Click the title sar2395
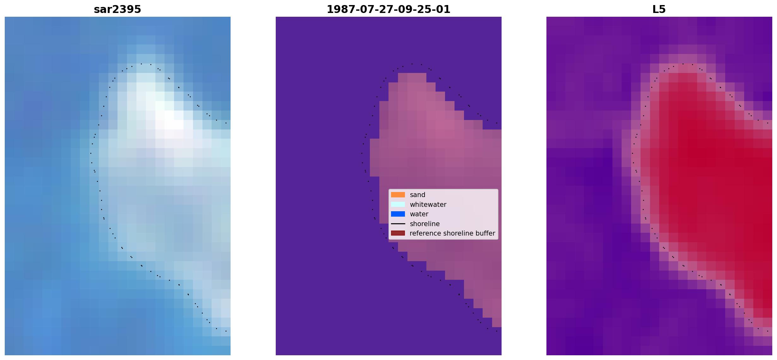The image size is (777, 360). click(x=117, y=9)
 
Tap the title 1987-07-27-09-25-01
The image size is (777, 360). click(x=388, y=9)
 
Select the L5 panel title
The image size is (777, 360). click(x=659, y=9)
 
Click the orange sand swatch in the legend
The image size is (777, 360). click(x=398, y=195)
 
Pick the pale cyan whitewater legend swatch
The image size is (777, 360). click(x=398, y=204)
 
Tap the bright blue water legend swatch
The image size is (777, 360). click(x=398, y=214)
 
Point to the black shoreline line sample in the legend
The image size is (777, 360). click(x=398, y=224)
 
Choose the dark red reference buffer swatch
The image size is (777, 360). click(x=398, y=233)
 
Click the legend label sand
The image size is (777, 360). click(x=418, y=195)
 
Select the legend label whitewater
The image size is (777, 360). click(x=428, y=205)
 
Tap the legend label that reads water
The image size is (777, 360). click(x=419, y=214)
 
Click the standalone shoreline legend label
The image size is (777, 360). click(x=425, y=224)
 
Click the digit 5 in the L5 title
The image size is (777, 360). click(x=663, y=9)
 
